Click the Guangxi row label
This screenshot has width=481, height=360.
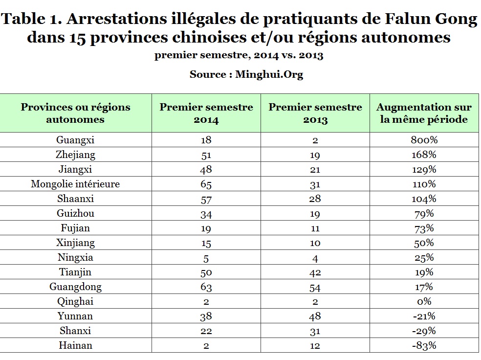pos(75,140)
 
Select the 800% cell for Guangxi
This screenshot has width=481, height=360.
pos(423,140)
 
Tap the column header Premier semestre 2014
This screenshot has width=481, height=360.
pos(206,113)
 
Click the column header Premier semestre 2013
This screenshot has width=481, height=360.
pos(315,113)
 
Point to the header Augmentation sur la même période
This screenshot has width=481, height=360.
pos(424,113)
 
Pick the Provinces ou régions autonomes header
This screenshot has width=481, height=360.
pos(75,113)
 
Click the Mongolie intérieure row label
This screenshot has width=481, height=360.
pos(75,184)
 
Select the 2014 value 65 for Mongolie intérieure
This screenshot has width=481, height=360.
pos(206,184)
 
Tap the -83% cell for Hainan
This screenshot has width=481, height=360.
pos(423,345)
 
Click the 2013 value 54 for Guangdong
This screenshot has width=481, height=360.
pos(315,287)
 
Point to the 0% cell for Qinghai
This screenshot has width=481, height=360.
pos(423,302)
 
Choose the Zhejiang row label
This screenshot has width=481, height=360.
pos(75,155)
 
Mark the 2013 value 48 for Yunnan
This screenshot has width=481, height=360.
pos(315,316)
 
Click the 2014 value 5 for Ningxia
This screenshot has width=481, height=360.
pos(206,258)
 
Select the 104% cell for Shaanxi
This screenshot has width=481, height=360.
pos(423,199)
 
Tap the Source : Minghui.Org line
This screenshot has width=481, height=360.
pos(240,74)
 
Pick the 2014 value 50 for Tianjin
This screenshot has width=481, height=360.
pos(206,272)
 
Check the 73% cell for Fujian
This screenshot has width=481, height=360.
pos(423,228)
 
